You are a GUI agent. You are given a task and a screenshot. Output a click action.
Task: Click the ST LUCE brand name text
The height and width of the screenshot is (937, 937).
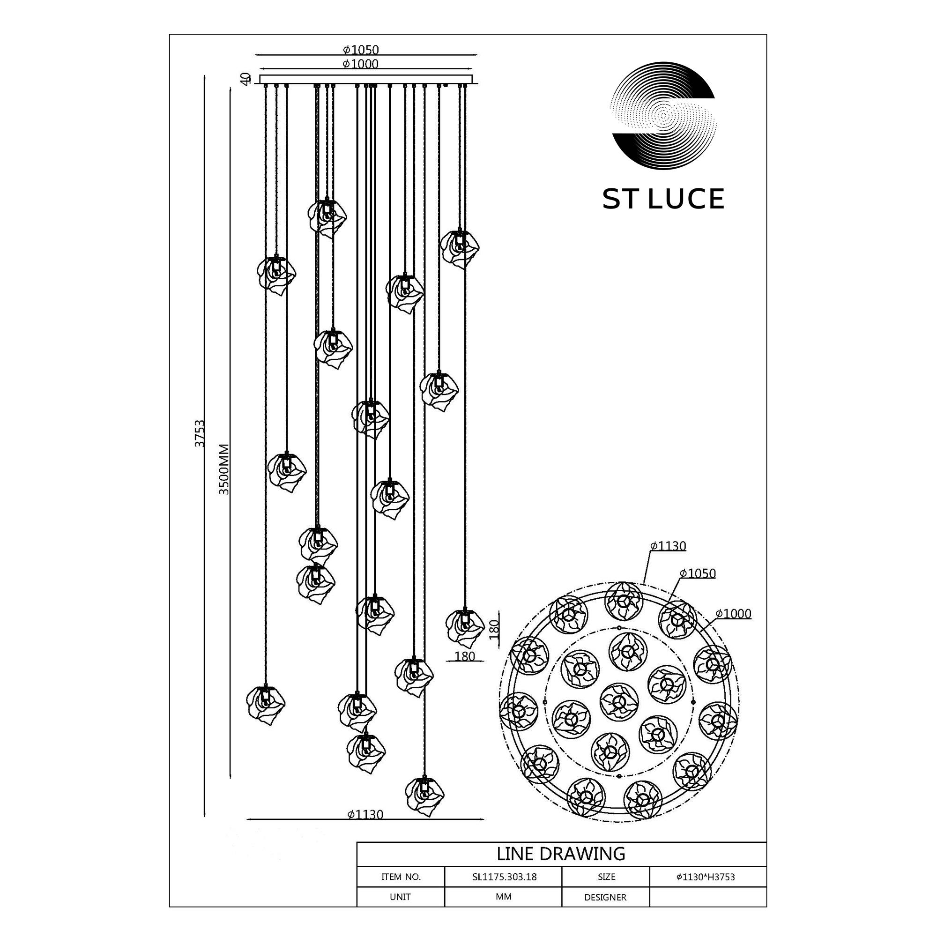coord(663,199)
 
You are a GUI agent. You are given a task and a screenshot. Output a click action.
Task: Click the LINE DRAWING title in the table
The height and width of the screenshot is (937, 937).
coord(561,853)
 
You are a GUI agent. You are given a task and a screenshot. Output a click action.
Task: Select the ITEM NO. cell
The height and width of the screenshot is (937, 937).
coord(401,877)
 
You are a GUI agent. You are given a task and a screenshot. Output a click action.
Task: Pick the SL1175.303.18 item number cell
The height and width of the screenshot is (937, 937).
coord(504,877)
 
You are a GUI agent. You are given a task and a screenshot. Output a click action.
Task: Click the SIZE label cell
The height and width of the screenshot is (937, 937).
coord(606,877)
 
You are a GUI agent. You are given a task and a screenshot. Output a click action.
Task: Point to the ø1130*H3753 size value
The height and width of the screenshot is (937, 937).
coord(706,877)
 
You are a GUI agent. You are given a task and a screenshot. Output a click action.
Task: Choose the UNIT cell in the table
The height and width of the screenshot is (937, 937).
coord(400,897)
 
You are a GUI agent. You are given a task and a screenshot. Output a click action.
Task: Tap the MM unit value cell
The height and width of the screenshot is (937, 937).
coord(504,897)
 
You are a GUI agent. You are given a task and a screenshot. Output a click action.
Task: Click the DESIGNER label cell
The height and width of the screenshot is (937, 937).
coord(605,897)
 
